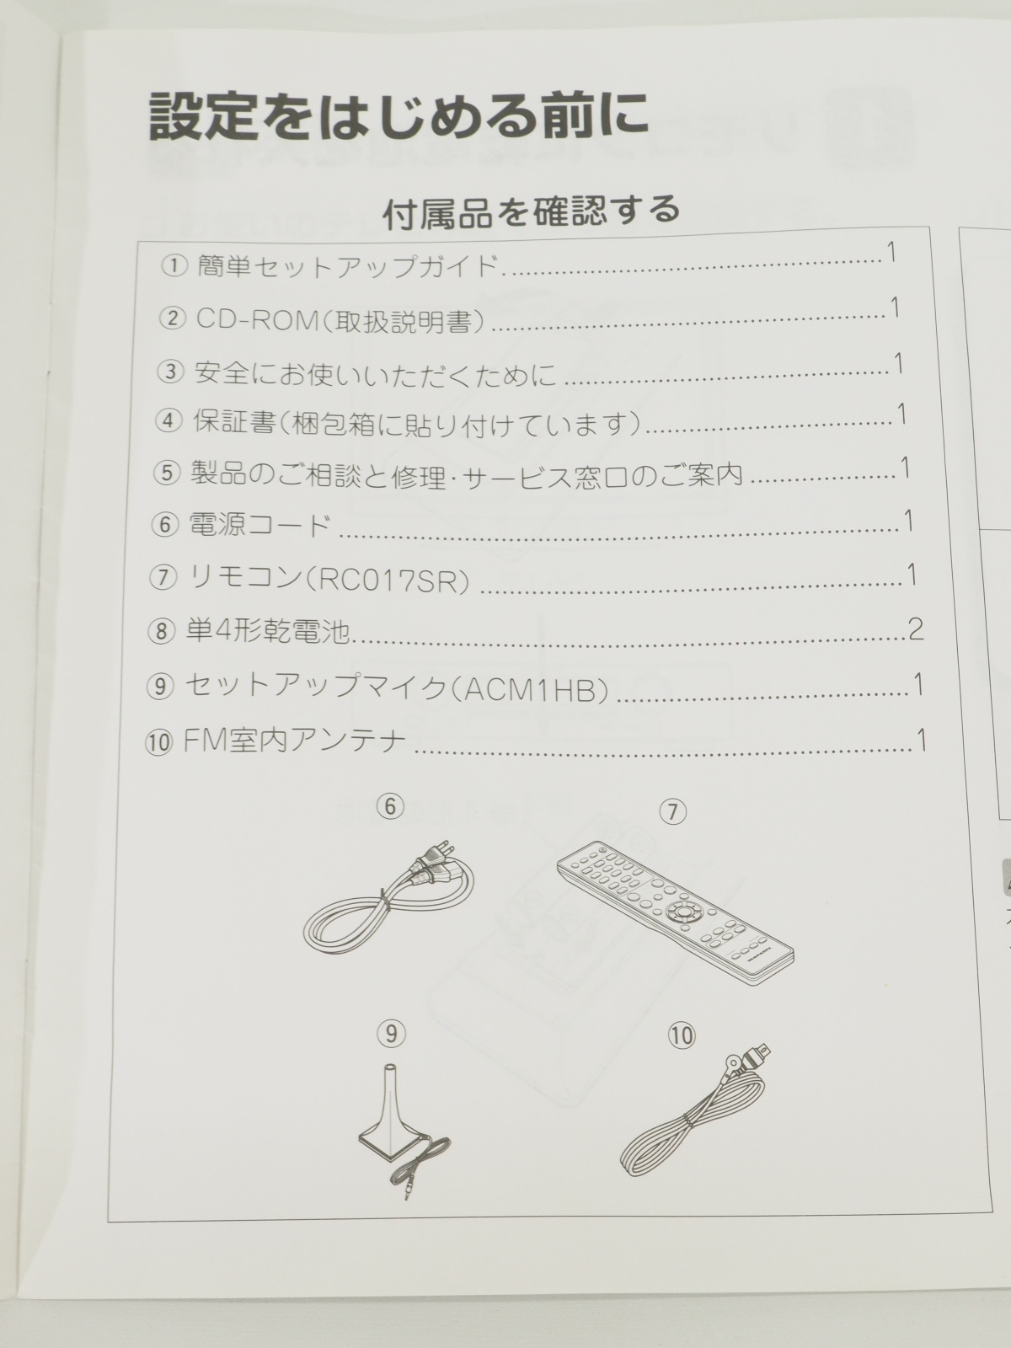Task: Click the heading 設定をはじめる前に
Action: click(x=399, y=115)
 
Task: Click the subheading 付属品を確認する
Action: click(x=532, y=211)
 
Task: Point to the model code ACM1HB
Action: click(x=529, y=690)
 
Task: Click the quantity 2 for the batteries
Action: click(x=915, y=629)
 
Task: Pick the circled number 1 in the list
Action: click(x=174, y=267)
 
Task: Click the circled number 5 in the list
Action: click(x=166, y=474)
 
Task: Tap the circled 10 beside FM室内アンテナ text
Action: click(x=158, y=744)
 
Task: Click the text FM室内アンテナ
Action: click(x=295, y=742)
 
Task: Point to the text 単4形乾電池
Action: click(x=268, y=632)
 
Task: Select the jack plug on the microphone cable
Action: click(x=406, y=1190)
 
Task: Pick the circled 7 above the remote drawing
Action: click(x=673, y=812)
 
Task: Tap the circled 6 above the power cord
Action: click(x=390, y=806)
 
